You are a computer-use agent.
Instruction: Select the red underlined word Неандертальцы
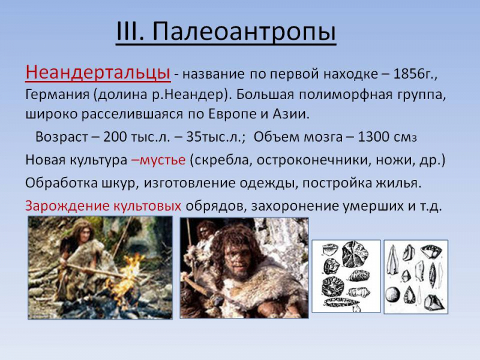coord(97,73)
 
